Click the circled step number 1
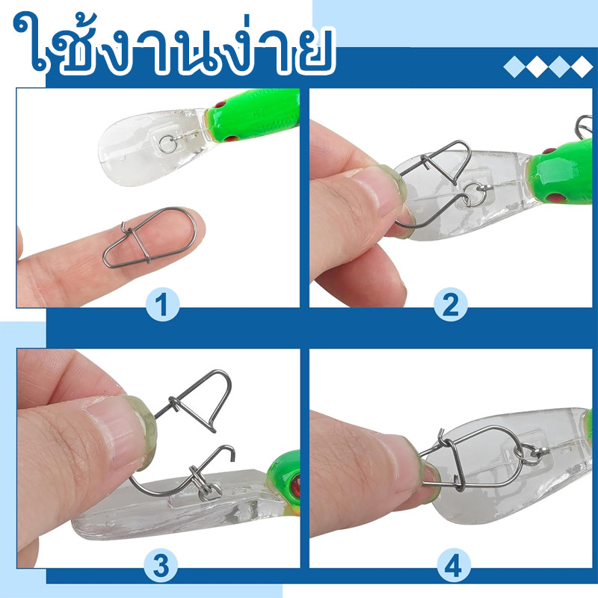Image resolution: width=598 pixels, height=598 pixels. [x=163, y=304]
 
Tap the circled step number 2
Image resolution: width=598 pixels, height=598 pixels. [x=451, y=304]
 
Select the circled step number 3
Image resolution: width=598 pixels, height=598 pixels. [x=161, y=565]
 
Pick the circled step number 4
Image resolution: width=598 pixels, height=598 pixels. [x=452, y=565]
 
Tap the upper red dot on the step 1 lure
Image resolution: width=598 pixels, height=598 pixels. [x=221, y=104]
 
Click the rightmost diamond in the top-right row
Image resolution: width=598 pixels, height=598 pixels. [x=582, y=67]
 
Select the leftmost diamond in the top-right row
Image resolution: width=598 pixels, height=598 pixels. [x=515, y=67]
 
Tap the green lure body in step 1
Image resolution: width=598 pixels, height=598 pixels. [x=253, y=114]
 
